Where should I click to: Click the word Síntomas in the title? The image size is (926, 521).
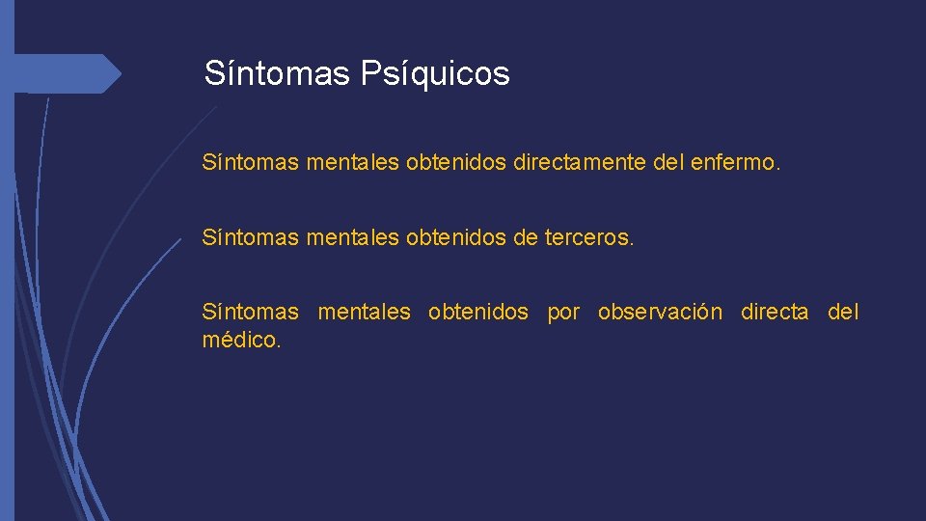point(277,73)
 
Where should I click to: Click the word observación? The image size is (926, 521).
point(659,312)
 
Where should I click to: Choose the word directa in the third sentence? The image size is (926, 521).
point(774,312)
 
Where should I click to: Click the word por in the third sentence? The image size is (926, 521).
point(563,313)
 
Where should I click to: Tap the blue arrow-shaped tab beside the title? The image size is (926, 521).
point(68,73)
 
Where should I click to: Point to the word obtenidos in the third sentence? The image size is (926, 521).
point(477,312)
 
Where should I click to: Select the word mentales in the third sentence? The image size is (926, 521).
point(364,312)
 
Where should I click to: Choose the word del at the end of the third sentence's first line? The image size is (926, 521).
point(843,312)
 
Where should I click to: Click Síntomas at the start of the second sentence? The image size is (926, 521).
point(251,237)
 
